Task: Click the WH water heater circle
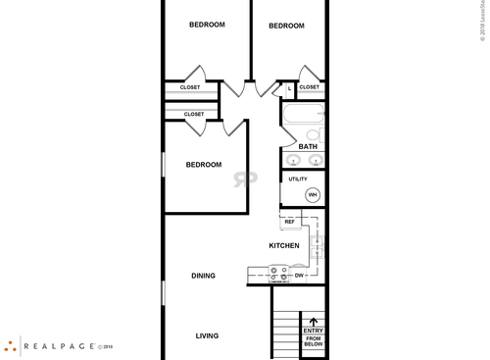pos(313,195)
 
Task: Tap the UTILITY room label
pos(298,180)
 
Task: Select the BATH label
pos(308,147)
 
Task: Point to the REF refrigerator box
pos(290,222)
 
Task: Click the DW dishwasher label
pos(300,276)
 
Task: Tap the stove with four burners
pos(278,275)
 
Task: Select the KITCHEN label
pos(284,245)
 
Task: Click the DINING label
pos(204,276)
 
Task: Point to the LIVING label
pos(207,335)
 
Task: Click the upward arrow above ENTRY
pos(314,320)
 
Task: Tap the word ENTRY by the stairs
pos(314,331)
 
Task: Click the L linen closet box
pos(289,88)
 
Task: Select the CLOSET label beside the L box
pos(309,87)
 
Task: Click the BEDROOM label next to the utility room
pos(204,165)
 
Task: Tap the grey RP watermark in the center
pos(241,179)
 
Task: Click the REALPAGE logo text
pos(60,345)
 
